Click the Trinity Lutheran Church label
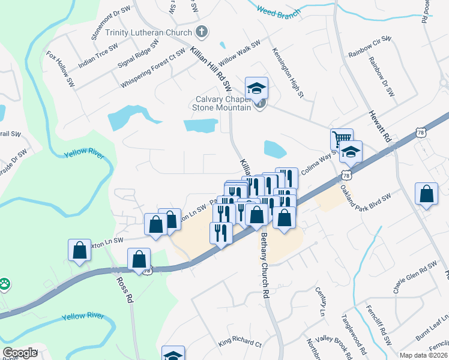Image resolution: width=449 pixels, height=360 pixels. pyautogui.click(x=148, y=32)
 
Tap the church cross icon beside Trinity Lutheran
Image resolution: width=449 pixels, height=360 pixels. pyautogui.click(x=202, y=32)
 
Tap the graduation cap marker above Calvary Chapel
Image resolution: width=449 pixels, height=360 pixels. pyautogui.click(x=256, y=89)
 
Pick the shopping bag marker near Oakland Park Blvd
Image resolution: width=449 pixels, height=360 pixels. pyautogui.click(x=426, y=194)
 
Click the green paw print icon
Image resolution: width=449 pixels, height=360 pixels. pyautogui.click(x=5, y=282)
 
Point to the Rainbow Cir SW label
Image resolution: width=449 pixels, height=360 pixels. pyautogui.click(x=369, y=47)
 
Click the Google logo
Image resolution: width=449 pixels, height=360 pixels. pyautogui.click(x=20, y=353)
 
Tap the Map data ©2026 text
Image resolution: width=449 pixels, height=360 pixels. pyautogui.click(x=423, y=355)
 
